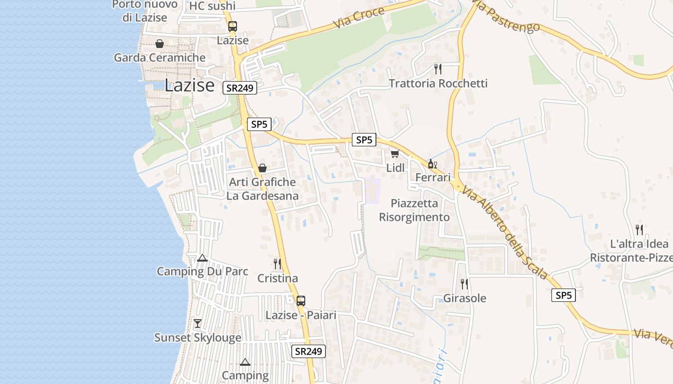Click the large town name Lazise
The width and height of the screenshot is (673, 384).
tap(189, 85)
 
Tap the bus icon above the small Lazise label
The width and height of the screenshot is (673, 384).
tap(233, 26)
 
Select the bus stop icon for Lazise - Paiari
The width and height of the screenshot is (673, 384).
tap(300, 301)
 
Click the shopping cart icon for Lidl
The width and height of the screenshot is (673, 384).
tap(395, 154)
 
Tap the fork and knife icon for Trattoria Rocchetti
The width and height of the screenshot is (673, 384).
tap(437, 69)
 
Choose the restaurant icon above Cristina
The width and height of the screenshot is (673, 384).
tap(277, 264)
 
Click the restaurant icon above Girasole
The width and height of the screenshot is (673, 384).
tap(464, 284)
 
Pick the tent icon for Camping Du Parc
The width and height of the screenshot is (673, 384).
tap(202, 258)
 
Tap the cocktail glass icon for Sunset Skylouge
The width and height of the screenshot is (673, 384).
tap(198, 324)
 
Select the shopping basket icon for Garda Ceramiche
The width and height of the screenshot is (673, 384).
tap(160, 44)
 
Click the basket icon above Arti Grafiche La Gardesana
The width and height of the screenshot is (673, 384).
tap(262, 168)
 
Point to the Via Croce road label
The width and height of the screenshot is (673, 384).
tap(358, 17)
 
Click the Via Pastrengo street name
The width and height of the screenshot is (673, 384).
tap(506, 17)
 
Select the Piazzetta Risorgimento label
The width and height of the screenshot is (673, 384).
tap(414, 210)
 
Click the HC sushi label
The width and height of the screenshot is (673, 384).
tap(212, 6)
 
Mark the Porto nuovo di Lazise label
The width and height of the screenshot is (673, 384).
tap(145, 11)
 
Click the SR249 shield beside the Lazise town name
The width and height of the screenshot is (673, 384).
tap(240, 88)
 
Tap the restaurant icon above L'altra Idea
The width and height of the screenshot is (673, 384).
tap(639, 229)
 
